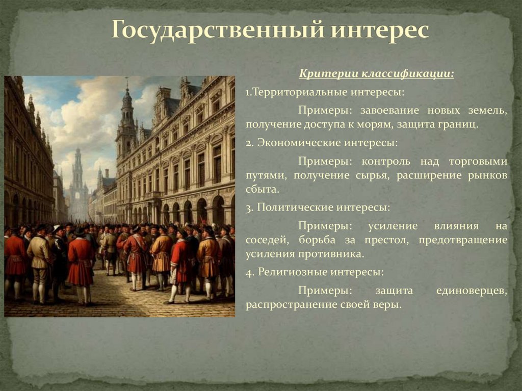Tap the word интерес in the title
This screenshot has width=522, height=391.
coord(380,30)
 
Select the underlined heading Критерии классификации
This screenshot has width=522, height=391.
coord(376,74)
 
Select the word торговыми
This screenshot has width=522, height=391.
coord(478,161)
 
